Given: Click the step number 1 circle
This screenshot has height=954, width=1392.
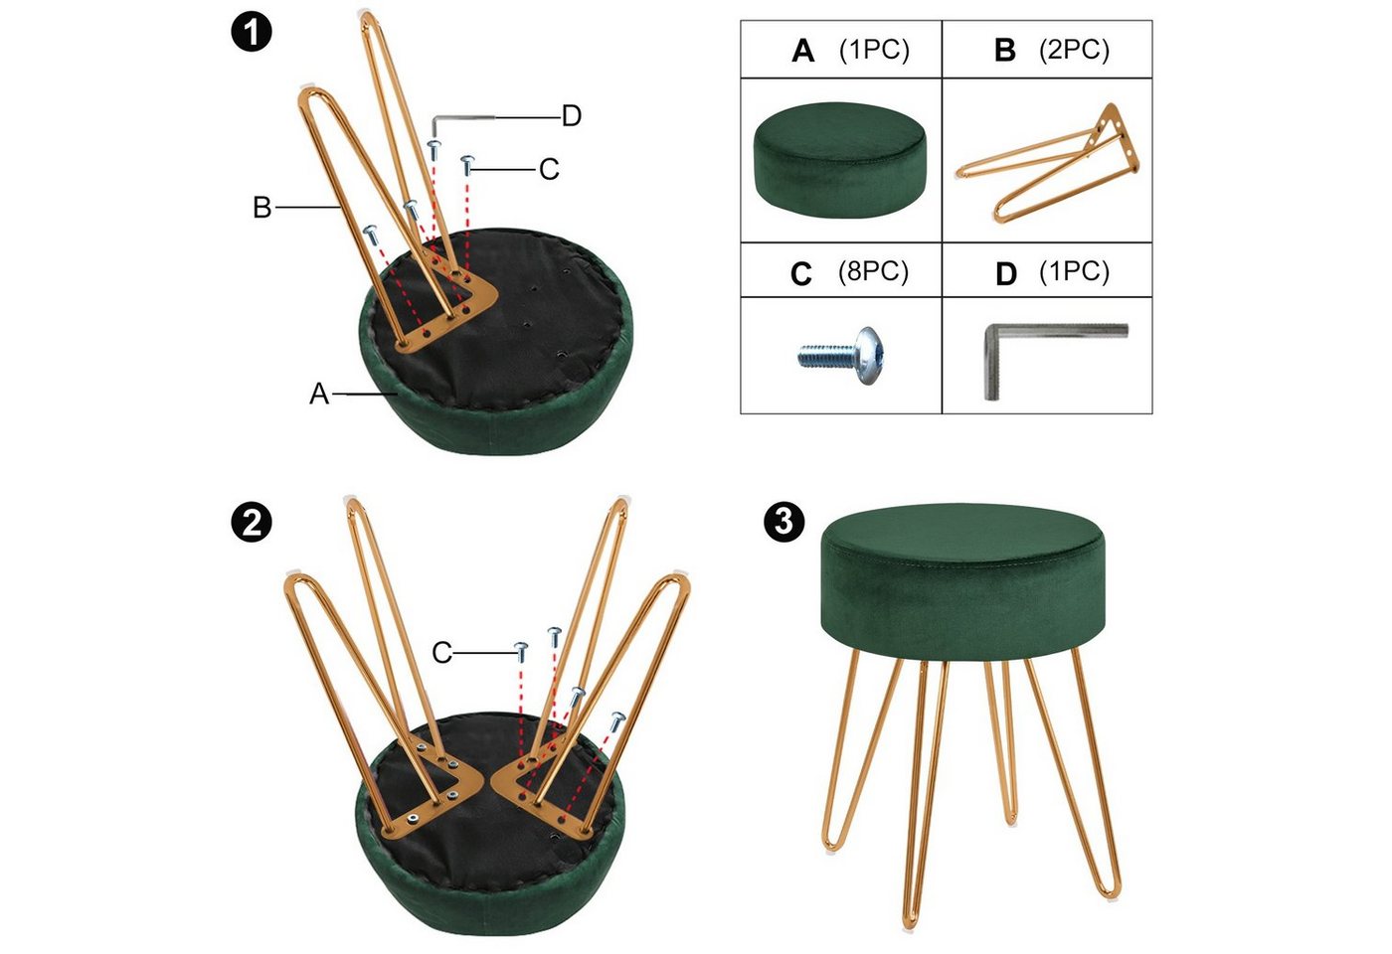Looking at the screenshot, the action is pos(252,32).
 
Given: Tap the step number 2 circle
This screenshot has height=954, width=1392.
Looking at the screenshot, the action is pos(252,523).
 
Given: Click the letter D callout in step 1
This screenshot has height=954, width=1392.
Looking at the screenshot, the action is pos(571,116).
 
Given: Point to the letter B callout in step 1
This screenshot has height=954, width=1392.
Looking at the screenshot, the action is pos(262,208).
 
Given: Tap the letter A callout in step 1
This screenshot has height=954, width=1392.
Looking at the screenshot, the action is pos(319,394).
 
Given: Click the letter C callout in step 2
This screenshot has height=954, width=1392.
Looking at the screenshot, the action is pos(441,653).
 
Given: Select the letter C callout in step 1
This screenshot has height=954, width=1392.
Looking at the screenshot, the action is pos(549,169).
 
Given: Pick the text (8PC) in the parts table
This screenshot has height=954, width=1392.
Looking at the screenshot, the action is pos(873,270).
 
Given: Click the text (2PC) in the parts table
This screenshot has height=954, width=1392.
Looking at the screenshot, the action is pos(1074,49).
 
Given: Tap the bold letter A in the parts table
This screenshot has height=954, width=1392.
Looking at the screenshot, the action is pos(803,51).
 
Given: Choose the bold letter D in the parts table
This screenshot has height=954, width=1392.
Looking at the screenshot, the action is pos(1006,274).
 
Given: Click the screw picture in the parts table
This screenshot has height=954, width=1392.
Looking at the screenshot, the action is pos(839,356).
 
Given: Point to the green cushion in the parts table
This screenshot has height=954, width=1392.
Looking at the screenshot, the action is pos(839,160).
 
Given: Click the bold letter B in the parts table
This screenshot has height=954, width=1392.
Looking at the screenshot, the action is pos(1005,51).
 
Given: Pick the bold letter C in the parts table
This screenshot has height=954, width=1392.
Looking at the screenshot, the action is pos(801,274).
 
